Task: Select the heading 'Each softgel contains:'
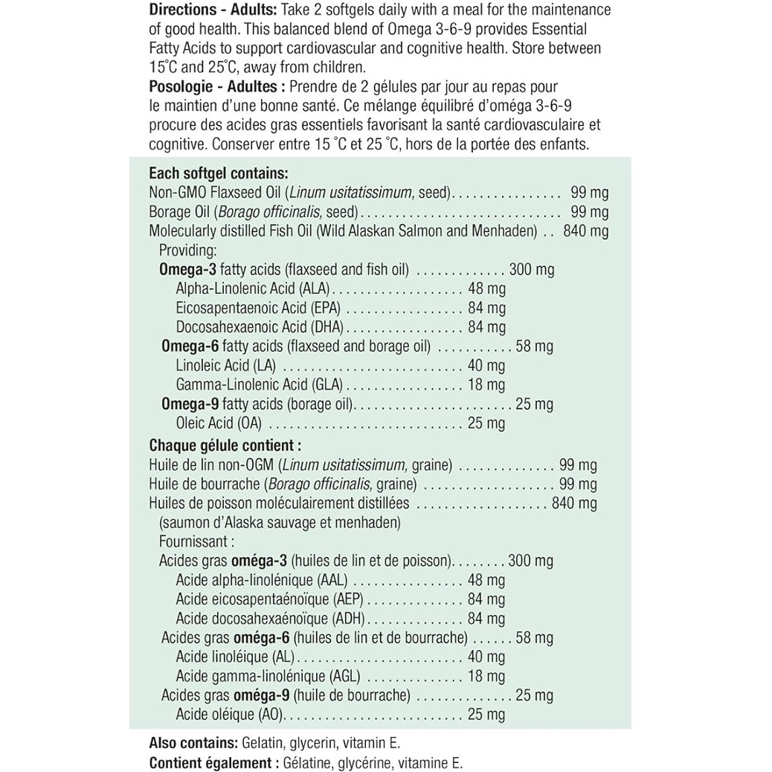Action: [213, 173]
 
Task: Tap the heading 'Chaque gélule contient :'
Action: [225, 446]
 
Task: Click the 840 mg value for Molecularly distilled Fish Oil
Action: [586, 231]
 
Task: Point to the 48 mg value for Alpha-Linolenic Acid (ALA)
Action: [487, 289]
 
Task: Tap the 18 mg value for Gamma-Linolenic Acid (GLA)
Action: [486, 385]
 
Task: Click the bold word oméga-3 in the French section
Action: [262, 561]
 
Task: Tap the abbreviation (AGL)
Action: [343, 677]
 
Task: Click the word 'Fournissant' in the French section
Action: [195, 541]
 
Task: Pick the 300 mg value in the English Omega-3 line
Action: [531, 269]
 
